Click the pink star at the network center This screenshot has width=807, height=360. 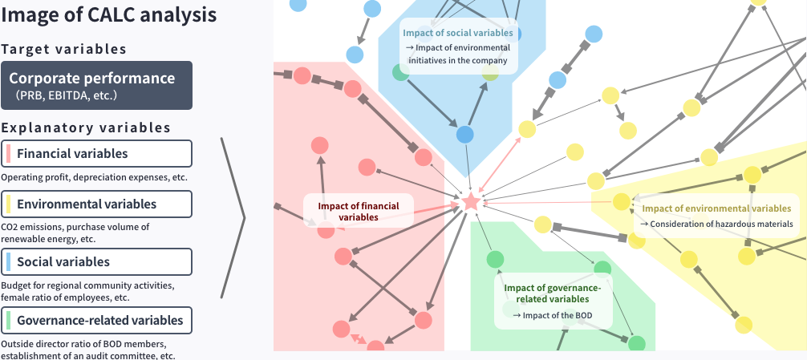point(470,202)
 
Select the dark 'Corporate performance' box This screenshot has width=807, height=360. point(96,85)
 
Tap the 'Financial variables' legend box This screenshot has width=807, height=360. point(96,153)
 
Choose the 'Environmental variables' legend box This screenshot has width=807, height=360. point(96,204)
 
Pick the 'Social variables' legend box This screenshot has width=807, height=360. point(96,261)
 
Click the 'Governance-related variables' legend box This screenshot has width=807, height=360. point(96,321)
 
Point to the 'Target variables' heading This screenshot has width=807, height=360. point(64,49)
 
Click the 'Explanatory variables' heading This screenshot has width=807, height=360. point(86,127)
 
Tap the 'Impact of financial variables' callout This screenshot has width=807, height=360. point(358,211)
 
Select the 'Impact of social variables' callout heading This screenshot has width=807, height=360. point(458,33)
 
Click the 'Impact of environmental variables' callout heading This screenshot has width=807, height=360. point(716,208)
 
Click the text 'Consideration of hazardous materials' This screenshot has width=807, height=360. point(721,224)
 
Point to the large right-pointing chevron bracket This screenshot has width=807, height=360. point(233,216)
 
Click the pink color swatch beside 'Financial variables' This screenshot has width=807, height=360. point(7,153)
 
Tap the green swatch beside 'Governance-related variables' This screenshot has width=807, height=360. point(7,321)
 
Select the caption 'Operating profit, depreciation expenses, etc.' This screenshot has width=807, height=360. point(94,176)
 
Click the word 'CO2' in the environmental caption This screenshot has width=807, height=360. point(11,227)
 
